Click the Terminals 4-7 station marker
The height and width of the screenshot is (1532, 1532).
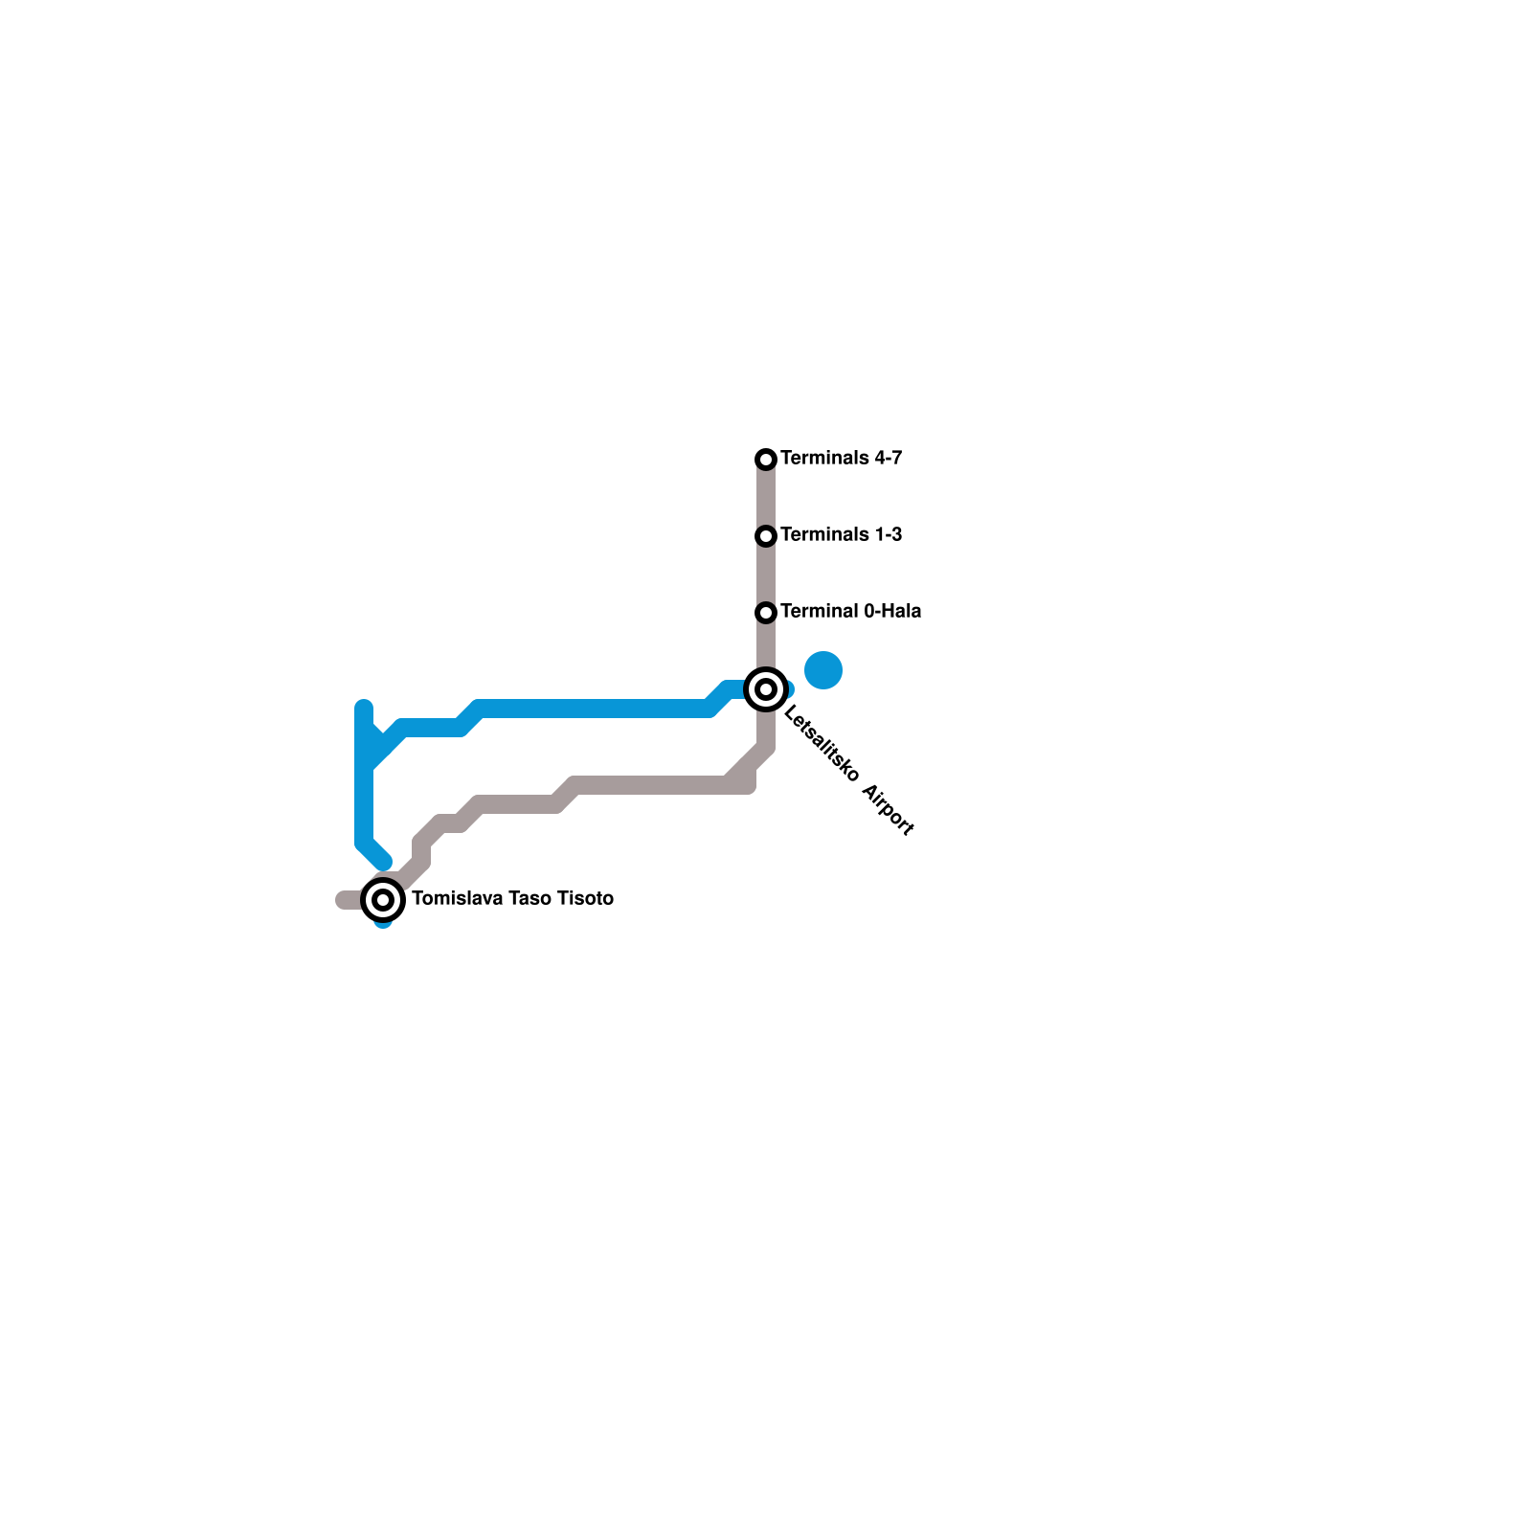(x=766, y=460)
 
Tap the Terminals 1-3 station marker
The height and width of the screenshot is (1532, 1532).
(x=766, y=536)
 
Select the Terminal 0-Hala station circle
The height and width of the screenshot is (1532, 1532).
(x=766, y=613)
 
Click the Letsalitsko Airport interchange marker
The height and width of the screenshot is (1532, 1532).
(x=766, y=689)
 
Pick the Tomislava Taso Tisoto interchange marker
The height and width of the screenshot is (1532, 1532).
(x=383, y=900)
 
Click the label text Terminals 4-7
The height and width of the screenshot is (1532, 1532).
(x=841, y=459)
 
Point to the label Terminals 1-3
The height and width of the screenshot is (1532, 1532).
(x=841, y=535)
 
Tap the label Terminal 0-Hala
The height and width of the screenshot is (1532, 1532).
(x=850, y=612)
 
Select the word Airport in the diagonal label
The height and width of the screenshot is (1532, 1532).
(x=889, y=810)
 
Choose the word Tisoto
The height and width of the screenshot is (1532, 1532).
(x=586, y=899)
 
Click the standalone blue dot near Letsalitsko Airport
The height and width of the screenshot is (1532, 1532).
(x=823, y=669)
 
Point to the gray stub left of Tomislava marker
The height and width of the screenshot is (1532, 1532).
(x=348, y=900)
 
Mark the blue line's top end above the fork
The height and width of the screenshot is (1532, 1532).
(x=364, y=709)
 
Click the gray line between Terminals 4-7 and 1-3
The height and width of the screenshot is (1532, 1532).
(x=766, y=498)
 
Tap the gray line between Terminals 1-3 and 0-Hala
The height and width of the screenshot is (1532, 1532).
(x=766, y=574)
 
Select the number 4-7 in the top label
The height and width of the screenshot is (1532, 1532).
(x=887, y=459)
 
